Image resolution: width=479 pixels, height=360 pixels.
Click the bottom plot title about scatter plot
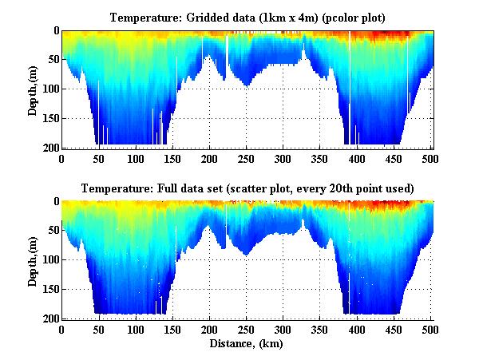[247, 189]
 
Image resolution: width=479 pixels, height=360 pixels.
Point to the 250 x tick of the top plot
[247, 159]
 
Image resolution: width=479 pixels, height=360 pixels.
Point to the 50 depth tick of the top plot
[53, 60]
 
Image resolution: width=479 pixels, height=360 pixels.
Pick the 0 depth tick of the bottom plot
[56, 202]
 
